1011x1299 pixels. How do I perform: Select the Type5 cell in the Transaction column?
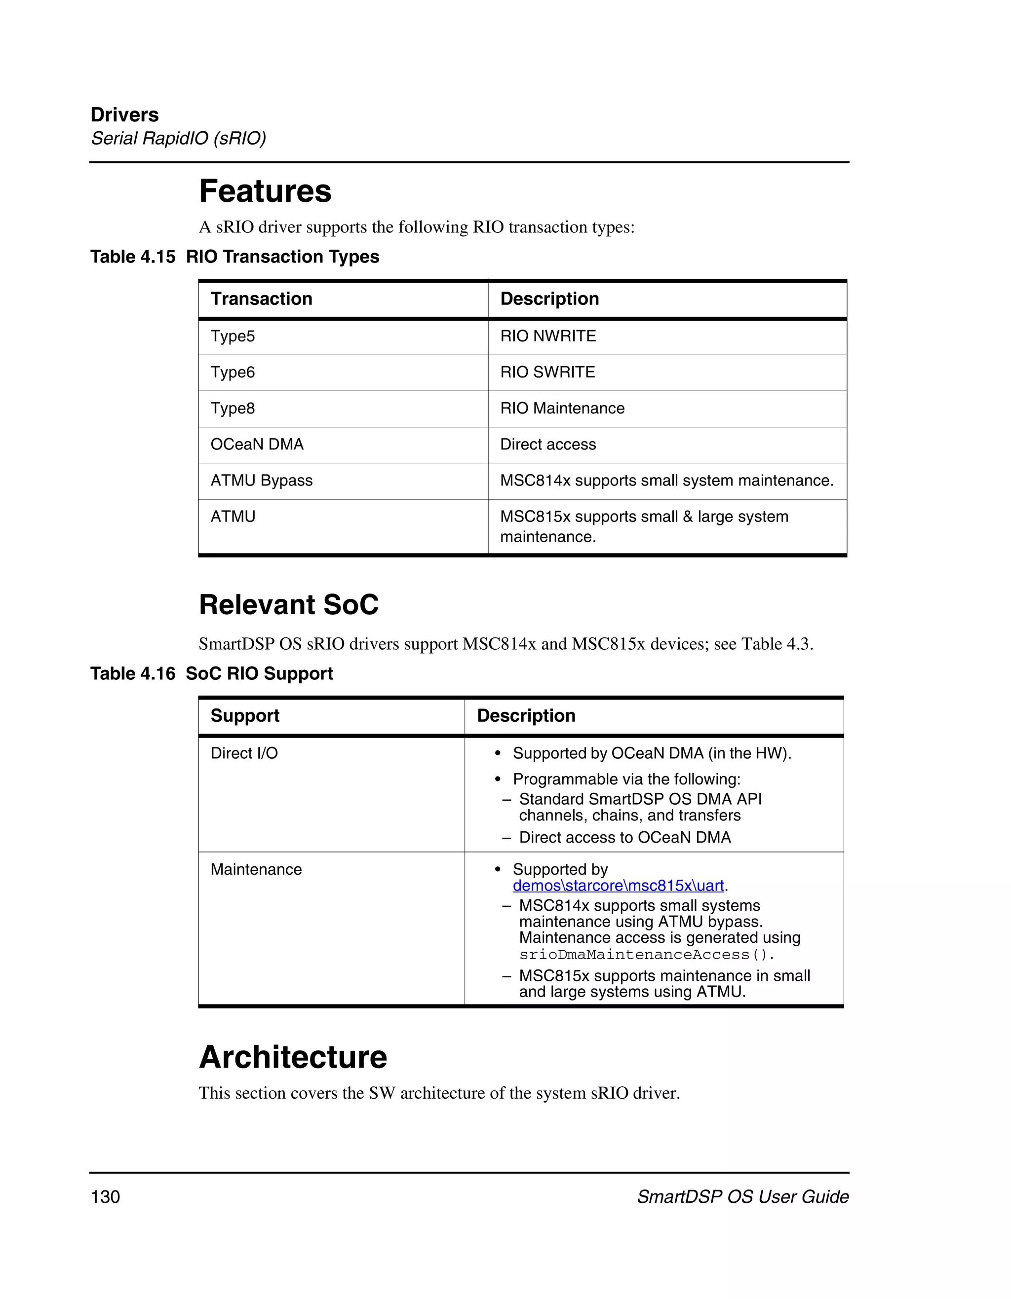[233, 336]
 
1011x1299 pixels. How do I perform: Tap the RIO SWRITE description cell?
[547, 372]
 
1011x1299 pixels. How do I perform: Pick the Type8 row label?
[233, 408]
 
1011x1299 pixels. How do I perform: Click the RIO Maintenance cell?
[562, 408]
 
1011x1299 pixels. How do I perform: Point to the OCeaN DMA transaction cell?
[257, 445]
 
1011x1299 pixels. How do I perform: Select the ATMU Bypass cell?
[261, 481]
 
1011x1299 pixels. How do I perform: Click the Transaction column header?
[261, 298]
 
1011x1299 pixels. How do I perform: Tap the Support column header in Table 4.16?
[244, 715]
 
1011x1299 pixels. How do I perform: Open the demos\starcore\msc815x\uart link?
[618, 886]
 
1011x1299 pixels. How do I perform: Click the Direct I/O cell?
[244, 753]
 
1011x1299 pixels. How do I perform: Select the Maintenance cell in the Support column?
[256, 870]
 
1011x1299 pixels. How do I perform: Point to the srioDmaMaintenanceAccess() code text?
[646, 955]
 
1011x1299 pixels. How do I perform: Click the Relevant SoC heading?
[289, 605]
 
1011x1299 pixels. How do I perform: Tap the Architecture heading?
[293, 1057]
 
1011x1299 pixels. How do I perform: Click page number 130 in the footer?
[105, 1197]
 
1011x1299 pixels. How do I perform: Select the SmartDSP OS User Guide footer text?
[742, 1197]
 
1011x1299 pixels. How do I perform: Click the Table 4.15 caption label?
[133, 257]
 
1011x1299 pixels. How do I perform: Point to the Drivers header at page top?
[124, 115]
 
